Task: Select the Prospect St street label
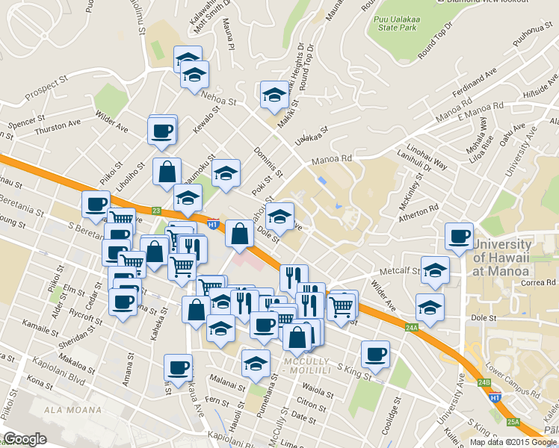pos(57,87)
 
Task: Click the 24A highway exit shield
pos(413,327)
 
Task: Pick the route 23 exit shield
pos(156,211)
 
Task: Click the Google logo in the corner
pos(25,439)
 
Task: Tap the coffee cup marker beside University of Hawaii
pos(458,236)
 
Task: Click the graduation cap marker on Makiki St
pos(274,95)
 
